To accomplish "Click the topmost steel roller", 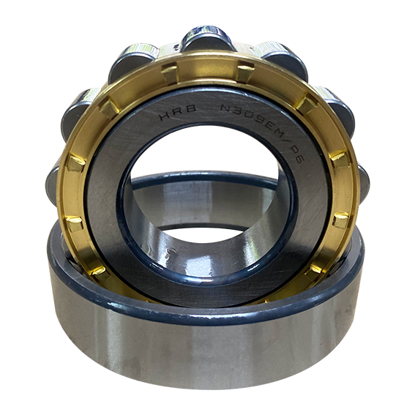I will [x=207, y=38].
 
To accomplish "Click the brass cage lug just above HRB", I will [x=170, y=74].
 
